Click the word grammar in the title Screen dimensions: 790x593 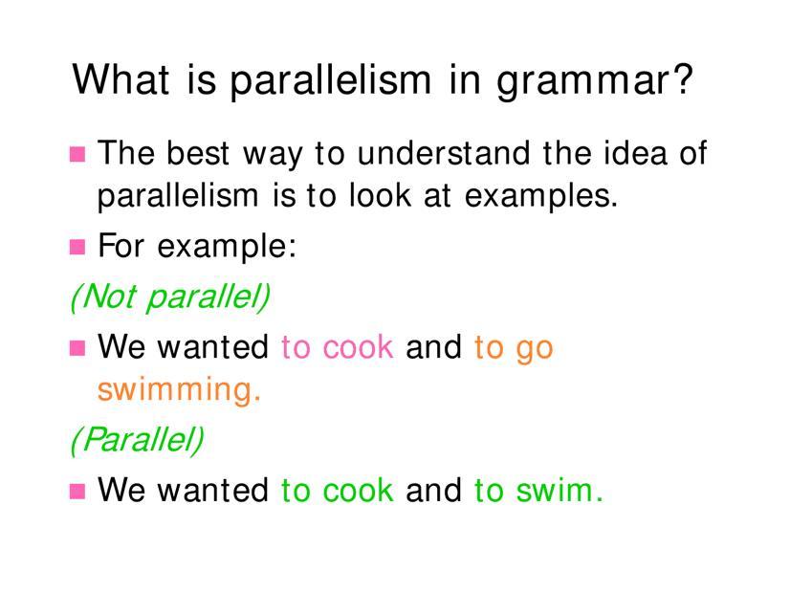pos(583,81)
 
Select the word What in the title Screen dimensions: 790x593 pos(121,78)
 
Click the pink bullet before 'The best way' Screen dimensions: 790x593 pos(77,154)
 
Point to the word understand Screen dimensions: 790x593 pos(444,153)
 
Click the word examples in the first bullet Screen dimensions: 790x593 pos(540,197)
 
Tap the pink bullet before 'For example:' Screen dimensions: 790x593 pos(77,247)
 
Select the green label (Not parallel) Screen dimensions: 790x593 pos(170,296)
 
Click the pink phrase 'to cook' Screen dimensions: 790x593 pos(337,347)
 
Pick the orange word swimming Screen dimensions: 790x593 pos(180,390)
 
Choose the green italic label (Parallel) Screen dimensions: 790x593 pos(137,440)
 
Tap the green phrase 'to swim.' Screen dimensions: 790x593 pos(538,491)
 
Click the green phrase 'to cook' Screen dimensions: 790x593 pos(337,491)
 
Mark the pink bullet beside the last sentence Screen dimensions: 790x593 pos(77,492)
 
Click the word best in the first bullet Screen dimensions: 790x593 pos(198,153)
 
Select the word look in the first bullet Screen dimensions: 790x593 pos(381,195)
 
